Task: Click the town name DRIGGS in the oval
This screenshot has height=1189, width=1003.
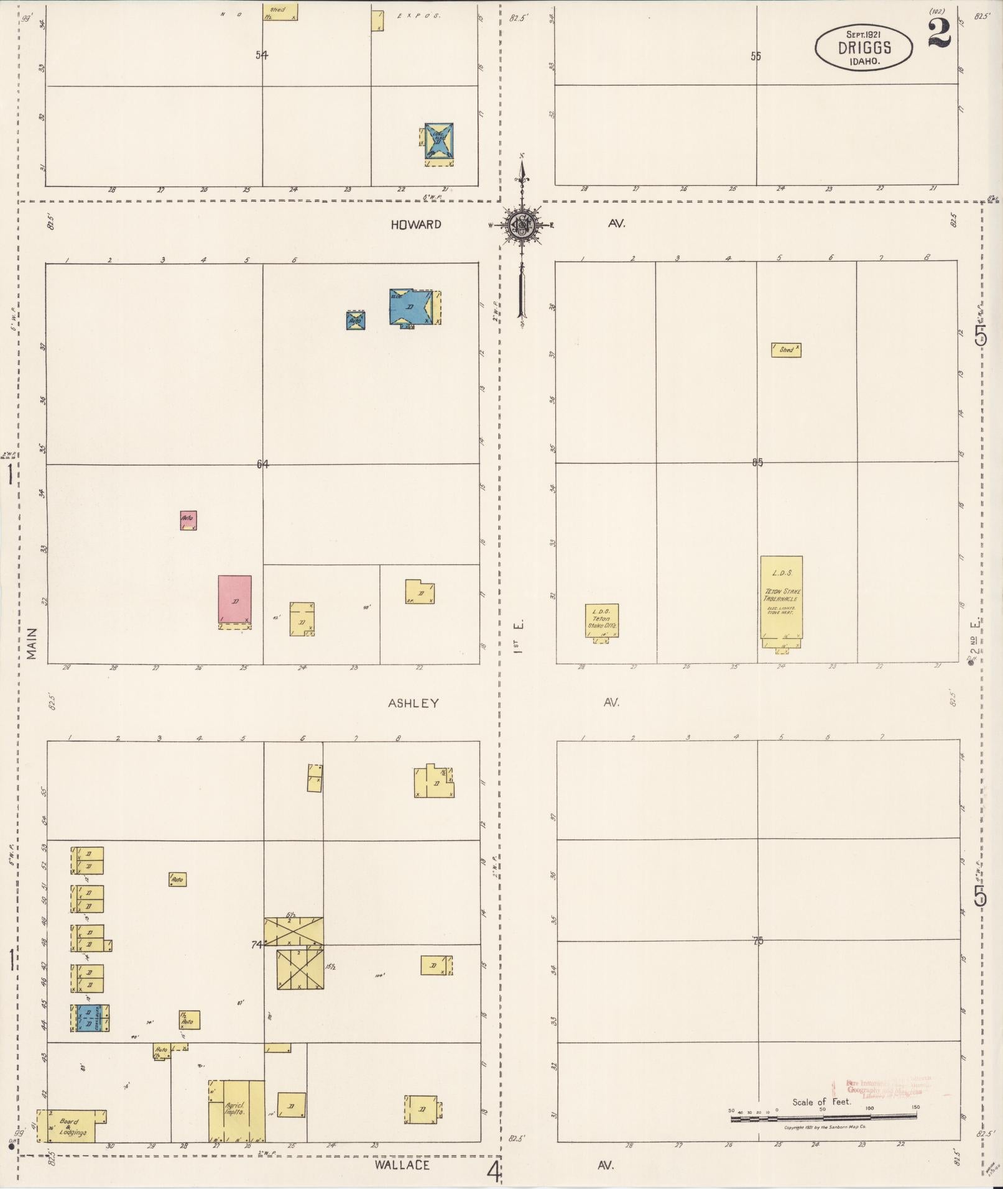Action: pos(864,48)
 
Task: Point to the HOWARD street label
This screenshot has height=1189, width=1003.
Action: pos(416,224)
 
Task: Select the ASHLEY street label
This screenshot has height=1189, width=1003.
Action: pos(414,703)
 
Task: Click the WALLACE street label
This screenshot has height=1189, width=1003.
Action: pos(402,1164)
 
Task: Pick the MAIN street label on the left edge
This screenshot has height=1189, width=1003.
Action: pos(32,643)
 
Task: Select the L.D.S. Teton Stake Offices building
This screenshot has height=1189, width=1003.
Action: pos(602,621)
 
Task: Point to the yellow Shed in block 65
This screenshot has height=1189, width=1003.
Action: pos(786,350)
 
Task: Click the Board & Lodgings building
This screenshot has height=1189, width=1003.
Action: pos(69,1126)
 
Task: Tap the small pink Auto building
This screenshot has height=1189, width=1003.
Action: pos(188,520)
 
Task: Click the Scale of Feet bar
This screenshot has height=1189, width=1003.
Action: pos(823,1117)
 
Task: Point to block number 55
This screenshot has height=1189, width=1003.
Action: pos(756,56)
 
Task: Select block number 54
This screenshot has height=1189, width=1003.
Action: pos(262,55)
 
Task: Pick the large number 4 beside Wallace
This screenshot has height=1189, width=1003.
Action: pos(494,1172)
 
